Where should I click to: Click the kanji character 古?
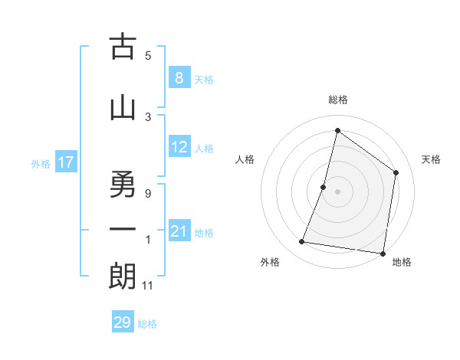(x=123, y=47)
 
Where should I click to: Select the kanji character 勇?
(x=123, y=184)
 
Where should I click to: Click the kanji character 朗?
(x=123, y=276)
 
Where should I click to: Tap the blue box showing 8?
(x=179, y=77)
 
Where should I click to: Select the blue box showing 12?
(x=179, y=147)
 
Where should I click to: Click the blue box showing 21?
(x=179, y=231)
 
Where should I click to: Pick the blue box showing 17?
(x=65, y=162)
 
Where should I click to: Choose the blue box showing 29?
(x=123, y=322)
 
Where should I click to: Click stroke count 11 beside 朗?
(x=149, y=286)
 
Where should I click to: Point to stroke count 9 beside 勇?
(x=147, y=194)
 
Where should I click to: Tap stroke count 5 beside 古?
(x=147, y=55)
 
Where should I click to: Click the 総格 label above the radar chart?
(x=337, y=100)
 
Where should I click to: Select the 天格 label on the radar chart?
(x=431, y=159)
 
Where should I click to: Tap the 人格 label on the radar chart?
(x=245, y=159)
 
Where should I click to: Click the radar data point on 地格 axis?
(x=382, y=253)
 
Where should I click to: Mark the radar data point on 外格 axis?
(x=302, y=242)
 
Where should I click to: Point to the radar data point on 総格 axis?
(x=337, y=131)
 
